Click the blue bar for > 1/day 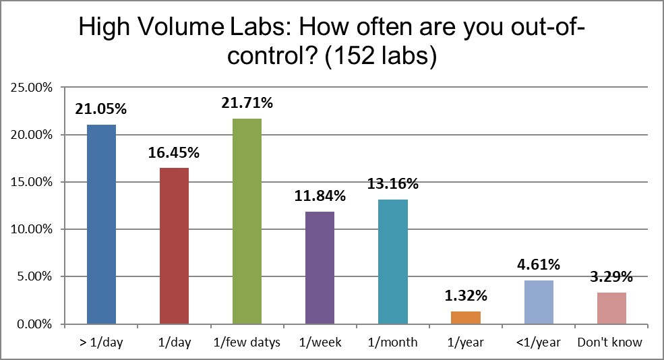(x=101, y=224)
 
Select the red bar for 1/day (x=174, y=245)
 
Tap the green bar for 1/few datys (x=247, y=221)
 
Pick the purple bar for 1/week (x=320, y=268)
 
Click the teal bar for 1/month (x=392, y=262)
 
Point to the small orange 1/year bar (x=466, y=318)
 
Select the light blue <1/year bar (x=539, y=302)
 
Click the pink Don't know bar (x=611, y=308)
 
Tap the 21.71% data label (x=247, y=103)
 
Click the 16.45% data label (x=174, y=153)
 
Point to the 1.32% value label (x=466, y=296)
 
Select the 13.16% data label (x=393, y=183)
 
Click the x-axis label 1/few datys (x=247, y=342)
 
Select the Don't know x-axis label (x=610, y=342)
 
